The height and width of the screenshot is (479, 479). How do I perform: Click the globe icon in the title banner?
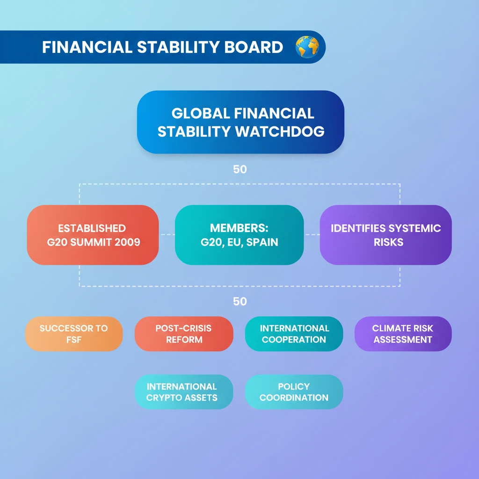tap(307, 47)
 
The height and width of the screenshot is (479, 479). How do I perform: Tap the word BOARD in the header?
tap(254, 47)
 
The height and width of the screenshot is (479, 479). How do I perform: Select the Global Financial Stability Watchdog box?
tap(240, 122)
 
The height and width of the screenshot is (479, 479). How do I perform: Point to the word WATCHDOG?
tap(280, 131)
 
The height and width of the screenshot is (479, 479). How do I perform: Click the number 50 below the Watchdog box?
tap(240, 169)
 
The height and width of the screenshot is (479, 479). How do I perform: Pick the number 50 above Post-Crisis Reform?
tap(240, 302)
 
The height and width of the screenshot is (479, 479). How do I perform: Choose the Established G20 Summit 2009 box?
tap(93, 235)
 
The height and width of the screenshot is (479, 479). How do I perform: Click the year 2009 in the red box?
tap(127, 242)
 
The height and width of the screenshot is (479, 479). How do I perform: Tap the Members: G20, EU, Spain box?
tap(239, 235)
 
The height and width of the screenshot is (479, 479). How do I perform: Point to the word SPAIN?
tap(262, 242)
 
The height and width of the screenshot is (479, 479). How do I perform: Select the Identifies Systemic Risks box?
tap(386, 235)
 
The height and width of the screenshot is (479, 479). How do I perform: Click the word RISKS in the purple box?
tap(389, 242)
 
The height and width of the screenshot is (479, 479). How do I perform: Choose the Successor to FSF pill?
tap(74, 334)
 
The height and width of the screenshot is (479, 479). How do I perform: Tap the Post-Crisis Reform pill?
tap(184, 334)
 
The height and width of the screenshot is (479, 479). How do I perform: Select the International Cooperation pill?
tap(294, 334)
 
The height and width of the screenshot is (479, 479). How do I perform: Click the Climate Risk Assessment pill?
tap(403, 334)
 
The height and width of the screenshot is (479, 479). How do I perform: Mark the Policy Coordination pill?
tap(294, 392)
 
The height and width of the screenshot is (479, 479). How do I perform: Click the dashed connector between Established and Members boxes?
tap(167, 235)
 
